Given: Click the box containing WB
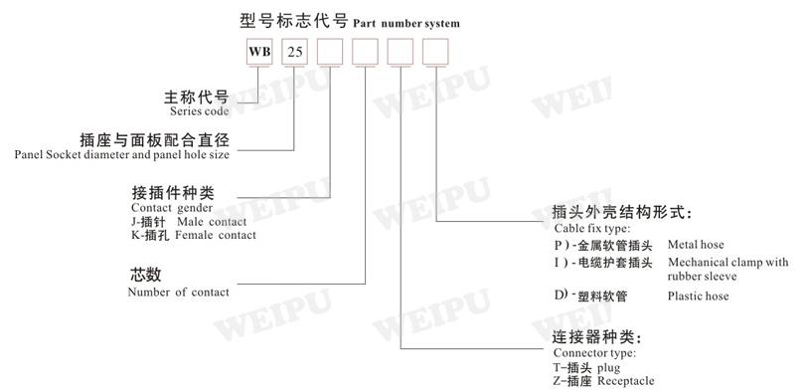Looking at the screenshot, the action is pyautogui.click(x=257, y=51).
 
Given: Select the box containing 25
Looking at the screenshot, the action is pyautogui.click(x=295, y=51).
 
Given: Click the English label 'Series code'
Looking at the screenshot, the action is pyautogui.click(x=201, y=111).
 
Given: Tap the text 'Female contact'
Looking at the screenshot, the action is pyautogui.click(x=216, y=235).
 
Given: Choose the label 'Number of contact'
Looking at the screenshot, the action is pyautogui.click(x=178, y=292).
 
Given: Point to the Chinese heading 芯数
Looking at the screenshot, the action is pyautogui.click(x=144, y=276).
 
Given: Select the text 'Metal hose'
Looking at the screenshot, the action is pyautogui.click(x=697, y=245).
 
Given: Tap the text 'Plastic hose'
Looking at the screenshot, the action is pyautogui.click(x=699, y=296).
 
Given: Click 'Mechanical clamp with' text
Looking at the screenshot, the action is pyautogui.click(x=728, y=263).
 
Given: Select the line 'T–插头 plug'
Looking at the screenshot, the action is pyautogui.click(x=591, y=367).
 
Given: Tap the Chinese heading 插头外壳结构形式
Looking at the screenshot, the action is pyautogui.click(x=621, y=212).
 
